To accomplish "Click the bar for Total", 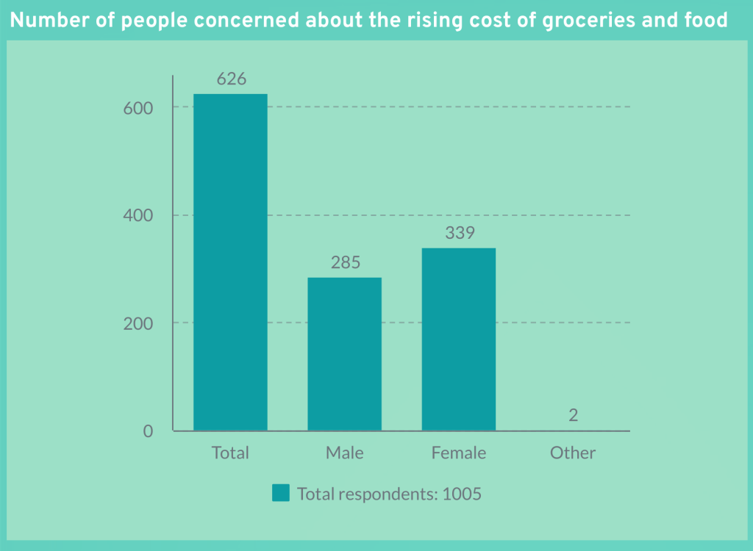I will click(x=230, y=262).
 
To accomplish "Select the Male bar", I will click(x=344, y=353).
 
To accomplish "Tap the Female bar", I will click(x=458, y=339).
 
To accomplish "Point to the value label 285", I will click(x=345, y=262).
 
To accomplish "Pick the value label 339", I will click(x=460, y=233).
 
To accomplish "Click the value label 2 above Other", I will click(x=573, y=415).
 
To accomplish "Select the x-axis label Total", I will click(x=230, y=453).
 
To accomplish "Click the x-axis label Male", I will click(x=344, y=453).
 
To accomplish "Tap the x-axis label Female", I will click(x=459, y=453).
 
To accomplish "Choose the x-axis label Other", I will click(x=573, y=453).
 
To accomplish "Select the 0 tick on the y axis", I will click(x=148, y=431).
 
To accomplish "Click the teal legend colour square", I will click(x=281, y=493).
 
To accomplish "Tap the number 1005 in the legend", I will click(x=462, y=494).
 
